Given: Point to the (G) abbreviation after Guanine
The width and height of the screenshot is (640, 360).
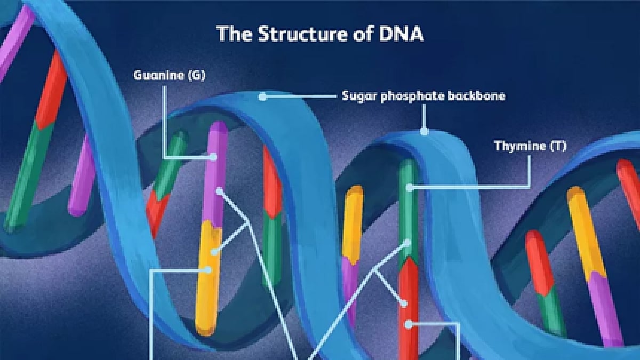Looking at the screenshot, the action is pyautogui.click(x=197, y=75).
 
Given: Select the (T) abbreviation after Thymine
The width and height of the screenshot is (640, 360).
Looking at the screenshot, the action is pyautogui.click(x=558, y=146).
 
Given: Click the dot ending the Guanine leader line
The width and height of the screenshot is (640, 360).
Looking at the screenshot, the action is pyautogui.click(x=213, y=157).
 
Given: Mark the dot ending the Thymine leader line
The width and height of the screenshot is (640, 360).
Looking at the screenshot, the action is pyautogui.click(x=410, y=188).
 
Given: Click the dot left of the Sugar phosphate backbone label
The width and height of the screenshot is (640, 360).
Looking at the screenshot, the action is pyautogui.click(x=262, y=97).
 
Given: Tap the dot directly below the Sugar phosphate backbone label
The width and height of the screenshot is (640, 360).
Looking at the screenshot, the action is pyautogui.click(x=425, y=131).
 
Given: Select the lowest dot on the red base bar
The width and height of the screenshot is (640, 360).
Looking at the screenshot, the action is pyautogui.click(x=409, y=325).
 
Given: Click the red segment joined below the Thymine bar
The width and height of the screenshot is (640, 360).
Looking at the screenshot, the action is pyautogui.click(x=409, y=309).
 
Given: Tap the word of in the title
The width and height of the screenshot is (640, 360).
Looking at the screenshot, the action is pyautogui.click(x=363, y=34).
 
